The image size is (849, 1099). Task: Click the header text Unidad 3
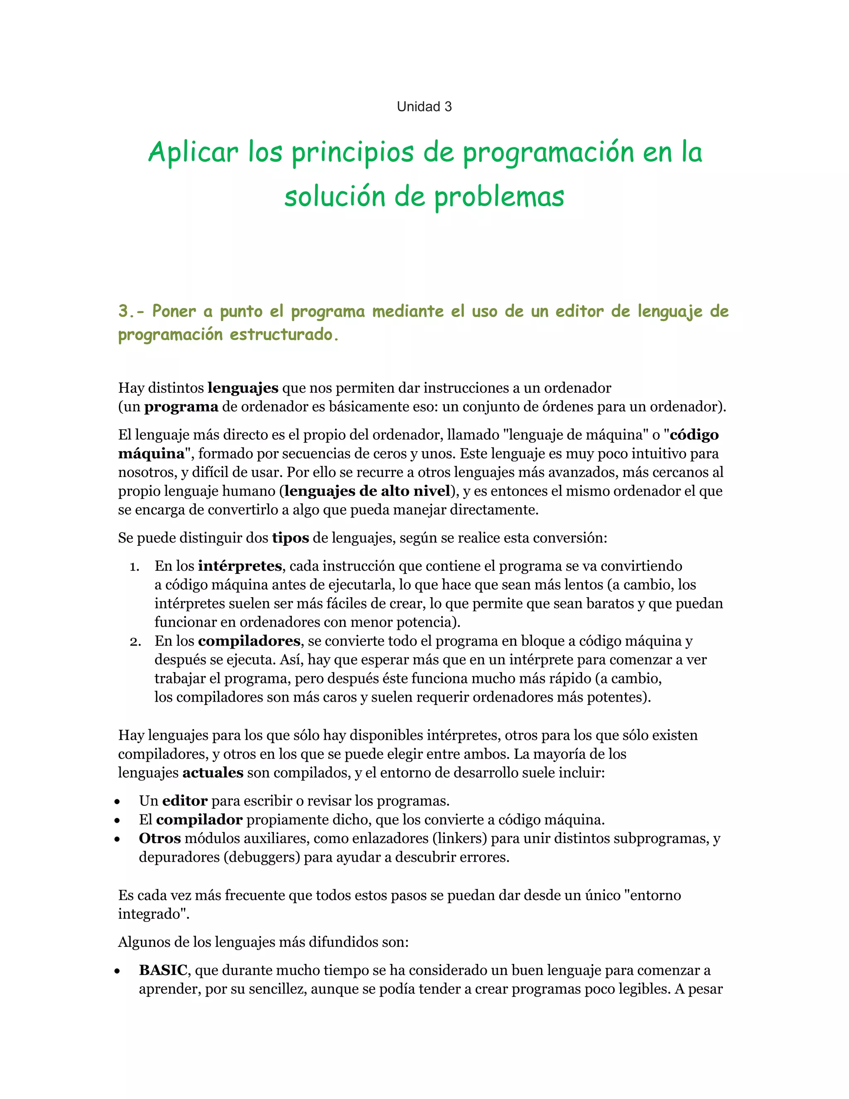pos(424,107)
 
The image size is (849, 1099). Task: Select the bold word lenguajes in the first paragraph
pos(243,388)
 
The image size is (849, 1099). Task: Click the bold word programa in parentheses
pos(181,406)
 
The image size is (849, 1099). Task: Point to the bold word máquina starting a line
pos(151,454)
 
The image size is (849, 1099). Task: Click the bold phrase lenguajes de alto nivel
pos(367,491)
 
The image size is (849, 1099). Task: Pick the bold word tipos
pos(290,538)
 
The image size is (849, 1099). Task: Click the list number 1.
pos(134,567)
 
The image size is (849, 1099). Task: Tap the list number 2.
pos(134,642)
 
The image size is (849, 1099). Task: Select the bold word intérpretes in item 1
pos(240,566)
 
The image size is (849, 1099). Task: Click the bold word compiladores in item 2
pos(249,641)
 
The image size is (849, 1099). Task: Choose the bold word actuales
pos(213,773)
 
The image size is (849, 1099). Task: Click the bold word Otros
pos(160,838)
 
